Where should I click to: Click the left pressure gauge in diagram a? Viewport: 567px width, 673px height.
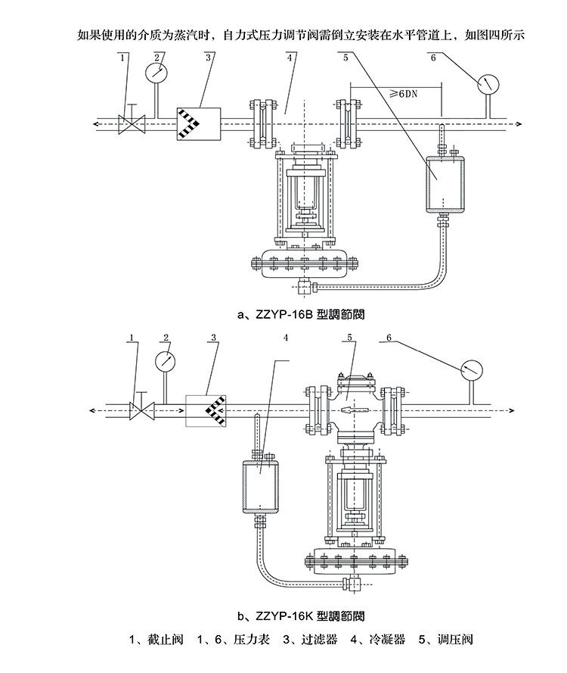pos(156,72)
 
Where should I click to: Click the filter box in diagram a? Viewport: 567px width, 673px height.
pos(197,123)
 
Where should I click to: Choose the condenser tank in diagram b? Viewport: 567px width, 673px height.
pos(258,485)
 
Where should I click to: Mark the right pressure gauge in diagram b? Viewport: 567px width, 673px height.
pos(471,369)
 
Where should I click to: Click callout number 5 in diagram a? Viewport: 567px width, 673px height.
pos(345,57)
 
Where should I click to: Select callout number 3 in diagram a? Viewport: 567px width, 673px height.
pos(207,57)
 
